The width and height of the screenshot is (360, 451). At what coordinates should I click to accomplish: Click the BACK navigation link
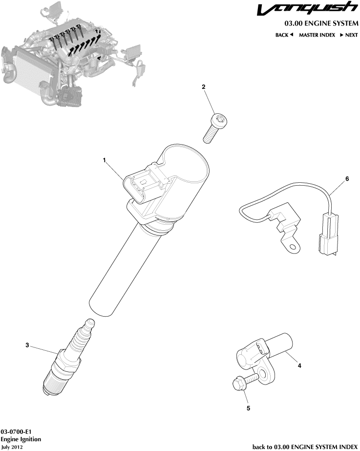coord(284,35)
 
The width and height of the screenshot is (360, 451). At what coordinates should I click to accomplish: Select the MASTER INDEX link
coord(317,35)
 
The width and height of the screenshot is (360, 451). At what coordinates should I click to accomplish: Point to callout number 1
coord(104,160)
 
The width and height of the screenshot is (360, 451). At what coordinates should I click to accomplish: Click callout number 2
coord(204,87)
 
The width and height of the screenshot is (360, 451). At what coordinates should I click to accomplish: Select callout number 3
coord(27,345)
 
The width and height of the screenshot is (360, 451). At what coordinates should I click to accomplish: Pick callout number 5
coord(248,408)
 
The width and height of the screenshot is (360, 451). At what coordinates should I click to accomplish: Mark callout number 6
coord(347,179)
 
